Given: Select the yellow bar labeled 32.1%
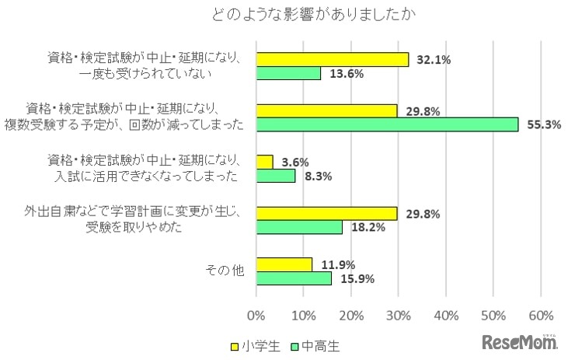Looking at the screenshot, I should [x=333, y=59].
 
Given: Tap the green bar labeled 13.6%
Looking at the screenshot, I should [x=288, y=73].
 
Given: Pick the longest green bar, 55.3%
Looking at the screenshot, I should [x=387, y=124].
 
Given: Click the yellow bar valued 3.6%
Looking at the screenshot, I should [x=265, y=162].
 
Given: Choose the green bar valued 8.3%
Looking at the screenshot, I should [x=276, y=176].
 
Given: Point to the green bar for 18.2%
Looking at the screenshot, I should [x=299, y=227].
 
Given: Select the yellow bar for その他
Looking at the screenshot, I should [x=284, y=264].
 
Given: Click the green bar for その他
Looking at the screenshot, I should [x=294, y=278].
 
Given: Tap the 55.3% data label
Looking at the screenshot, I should [x=542, y=125].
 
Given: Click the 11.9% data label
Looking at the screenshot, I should [x=334, y=264].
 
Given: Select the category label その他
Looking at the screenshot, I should [x=225, y=271].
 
